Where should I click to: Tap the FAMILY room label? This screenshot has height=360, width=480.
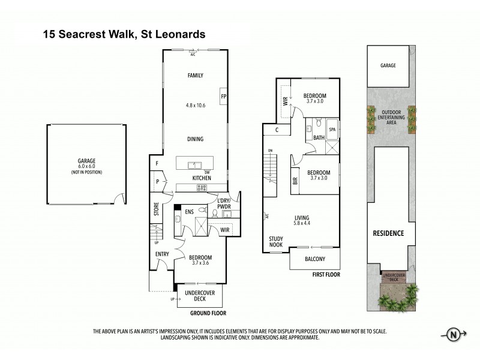pyautogui.click(x=195, y=76)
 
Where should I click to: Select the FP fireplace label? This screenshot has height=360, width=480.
pyautogui.click(x=223, y=96)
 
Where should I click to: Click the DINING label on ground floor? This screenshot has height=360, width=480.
pyautogui.click(x=195, y=139)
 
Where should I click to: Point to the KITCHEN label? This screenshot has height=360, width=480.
pyautogui.click(x=201, y=178)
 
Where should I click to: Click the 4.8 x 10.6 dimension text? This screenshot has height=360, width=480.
pyautogui.click(x=195, y=106)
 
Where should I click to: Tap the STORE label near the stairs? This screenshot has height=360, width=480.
pyautogui.click(x=156, y=211)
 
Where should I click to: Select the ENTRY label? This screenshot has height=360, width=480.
pyautogui.click(x=162, y=254)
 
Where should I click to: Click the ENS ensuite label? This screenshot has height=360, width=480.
pyautogui.click(x=189, y=211)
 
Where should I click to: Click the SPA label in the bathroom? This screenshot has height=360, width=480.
pyautogui.click(x=332, y=130)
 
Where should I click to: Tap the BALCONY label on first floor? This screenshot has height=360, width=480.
pyautogui.click(x=314, y=259)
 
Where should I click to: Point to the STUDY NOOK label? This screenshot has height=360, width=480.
pyautogui.click(x=276, y=241)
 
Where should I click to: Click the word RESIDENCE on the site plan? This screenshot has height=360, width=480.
pyautogui.click(x=388, y=233)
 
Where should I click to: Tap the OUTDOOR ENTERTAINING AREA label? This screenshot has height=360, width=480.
pyautogui.click(x=388, y=117)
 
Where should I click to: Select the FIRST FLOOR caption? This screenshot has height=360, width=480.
pyautogui.click(x=326, y=274)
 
